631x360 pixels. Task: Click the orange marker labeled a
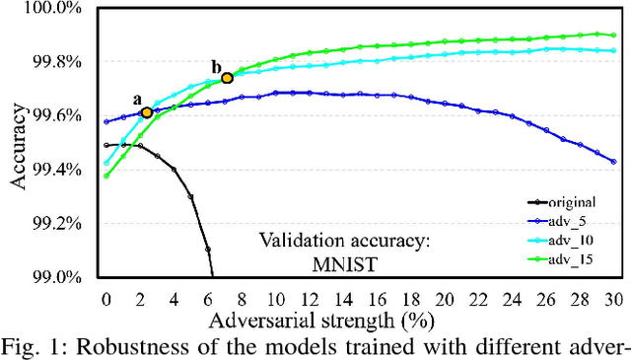147,112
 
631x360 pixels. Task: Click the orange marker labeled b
227,78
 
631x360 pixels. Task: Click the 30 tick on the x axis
613,297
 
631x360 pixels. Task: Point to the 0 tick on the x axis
105,297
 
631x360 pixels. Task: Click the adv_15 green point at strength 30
613,36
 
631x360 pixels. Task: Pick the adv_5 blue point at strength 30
613,162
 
